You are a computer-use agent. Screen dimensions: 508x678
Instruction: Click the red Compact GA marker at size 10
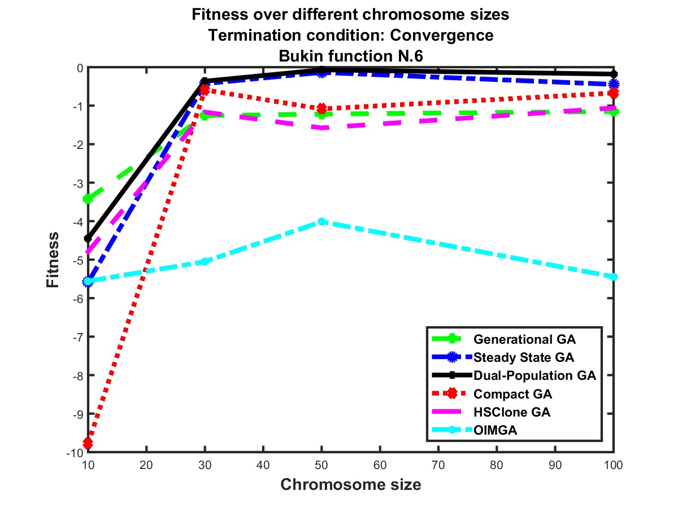(x=88, y=443)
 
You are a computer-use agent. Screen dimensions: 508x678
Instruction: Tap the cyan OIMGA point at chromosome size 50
(x=321, y=222)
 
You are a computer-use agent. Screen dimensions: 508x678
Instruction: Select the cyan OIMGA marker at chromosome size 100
(x=614, y=277)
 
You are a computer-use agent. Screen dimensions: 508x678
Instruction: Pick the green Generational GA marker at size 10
(x=88, y=199)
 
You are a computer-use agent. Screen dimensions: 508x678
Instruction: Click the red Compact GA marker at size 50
(x=321, y=108)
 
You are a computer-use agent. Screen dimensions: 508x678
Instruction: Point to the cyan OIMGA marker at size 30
(x=205, y=261)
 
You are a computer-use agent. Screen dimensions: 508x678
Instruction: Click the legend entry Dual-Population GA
(x=535, y=375)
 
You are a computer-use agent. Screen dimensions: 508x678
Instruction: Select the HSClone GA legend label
(x=512, y=412)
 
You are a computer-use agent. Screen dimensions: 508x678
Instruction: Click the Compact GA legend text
(x=512, y=393)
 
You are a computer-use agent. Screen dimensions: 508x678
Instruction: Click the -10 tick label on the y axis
(x=73, y=452)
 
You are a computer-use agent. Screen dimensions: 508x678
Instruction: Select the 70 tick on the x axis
(x=438, y=466)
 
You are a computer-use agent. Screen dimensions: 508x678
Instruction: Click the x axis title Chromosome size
(x=350, y=485)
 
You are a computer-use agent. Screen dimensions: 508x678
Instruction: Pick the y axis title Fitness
(x=53, y=259)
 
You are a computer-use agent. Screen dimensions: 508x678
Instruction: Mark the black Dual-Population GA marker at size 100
(x=614, y=74)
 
